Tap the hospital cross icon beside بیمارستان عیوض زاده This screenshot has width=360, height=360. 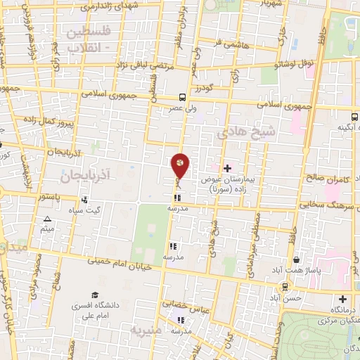coord(227,168)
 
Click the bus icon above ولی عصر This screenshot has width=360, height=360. coord(183,98)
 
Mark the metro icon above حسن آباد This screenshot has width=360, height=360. coord(284,286)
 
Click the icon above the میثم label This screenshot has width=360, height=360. coord(47,219)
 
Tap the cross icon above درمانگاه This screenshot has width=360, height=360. coord(342,299)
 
